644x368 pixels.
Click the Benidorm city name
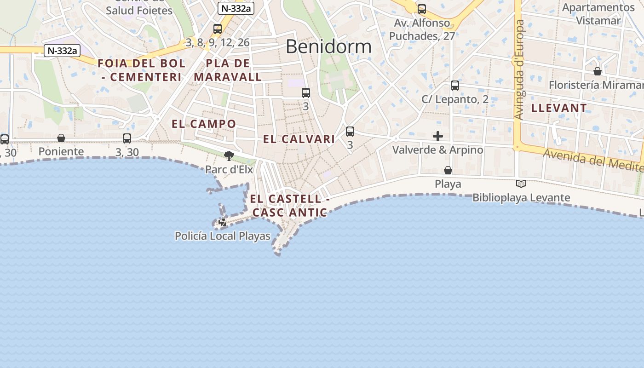[x=328, y=46]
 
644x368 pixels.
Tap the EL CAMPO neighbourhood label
[x=204, y=124]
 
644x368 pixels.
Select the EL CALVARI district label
[x=299, y=139]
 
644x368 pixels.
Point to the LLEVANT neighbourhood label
[x=559, y=108]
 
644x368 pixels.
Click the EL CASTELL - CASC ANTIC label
[x=290, y=206]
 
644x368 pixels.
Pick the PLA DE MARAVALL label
[x=228, y=70]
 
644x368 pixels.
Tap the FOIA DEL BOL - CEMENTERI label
[x=142, y=70]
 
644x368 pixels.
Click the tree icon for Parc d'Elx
[x=229, y=155]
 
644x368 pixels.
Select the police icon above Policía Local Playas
[x=223, y=223]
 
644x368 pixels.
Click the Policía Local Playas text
[x=223, y=236]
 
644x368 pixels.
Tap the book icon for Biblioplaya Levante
[x=521, y=184]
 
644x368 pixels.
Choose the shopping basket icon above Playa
[x=448, y=171]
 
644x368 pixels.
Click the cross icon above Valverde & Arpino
[x=438, y=136]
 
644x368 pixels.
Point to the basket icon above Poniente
[x=61, y=138]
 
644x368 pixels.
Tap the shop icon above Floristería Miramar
[x=598, y=71]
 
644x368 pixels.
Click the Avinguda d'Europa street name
[x=520, y=70]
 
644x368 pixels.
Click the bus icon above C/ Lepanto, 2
[x=454, y=86]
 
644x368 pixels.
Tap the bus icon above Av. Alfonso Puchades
[x=421, y=9]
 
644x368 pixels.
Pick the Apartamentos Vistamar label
[x=598, y=14]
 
